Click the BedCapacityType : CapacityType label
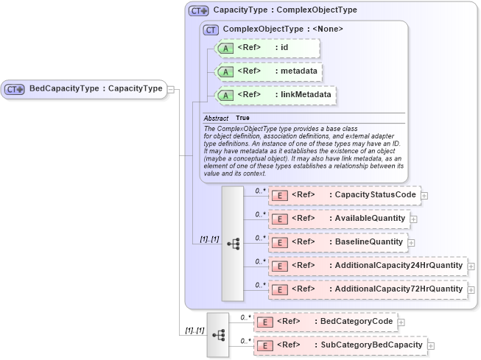pos(95,89)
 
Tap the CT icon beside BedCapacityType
pos(15,89)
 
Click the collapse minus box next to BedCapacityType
pos(171,89)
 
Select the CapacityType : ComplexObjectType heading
pos(284,11)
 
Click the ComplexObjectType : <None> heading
pos(282,29)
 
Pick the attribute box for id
pos(266,49)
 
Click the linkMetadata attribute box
pos(275,95)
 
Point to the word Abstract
pos(216,118)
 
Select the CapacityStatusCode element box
pos(344,195)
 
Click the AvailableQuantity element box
pos(338,219)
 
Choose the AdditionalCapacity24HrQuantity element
pos(367,266)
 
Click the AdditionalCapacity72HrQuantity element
pos(367,289)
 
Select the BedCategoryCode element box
pos(325,322)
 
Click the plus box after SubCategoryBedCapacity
pos(431,345)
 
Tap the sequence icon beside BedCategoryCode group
pos(219,333)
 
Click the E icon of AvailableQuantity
pos(279,219)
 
